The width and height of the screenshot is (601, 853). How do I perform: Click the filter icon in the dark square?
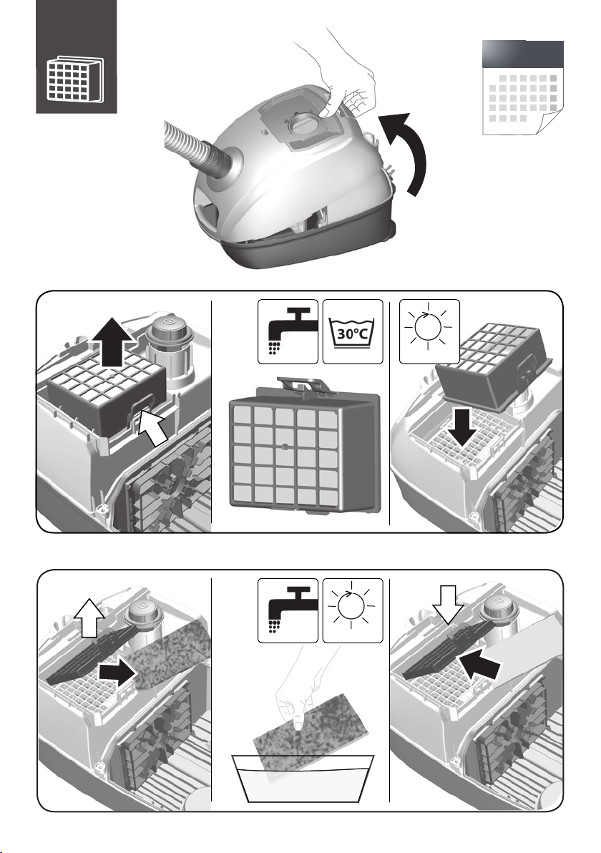pos(74,79)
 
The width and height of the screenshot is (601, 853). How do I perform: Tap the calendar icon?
pos(523,87)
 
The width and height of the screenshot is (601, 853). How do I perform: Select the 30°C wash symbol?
pos(353,331)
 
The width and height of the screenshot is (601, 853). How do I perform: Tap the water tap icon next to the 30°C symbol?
pos(288,331)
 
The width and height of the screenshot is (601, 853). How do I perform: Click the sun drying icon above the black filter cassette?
pos(430,331)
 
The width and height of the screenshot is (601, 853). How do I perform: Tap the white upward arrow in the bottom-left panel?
pos(89,617)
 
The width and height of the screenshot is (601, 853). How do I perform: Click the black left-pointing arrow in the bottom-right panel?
pos(479,663)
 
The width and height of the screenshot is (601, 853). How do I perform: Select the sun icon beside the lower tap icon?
pos(353,610)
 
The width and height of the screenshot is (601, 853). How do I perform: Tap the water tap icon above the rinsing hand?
pos(288,610)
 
